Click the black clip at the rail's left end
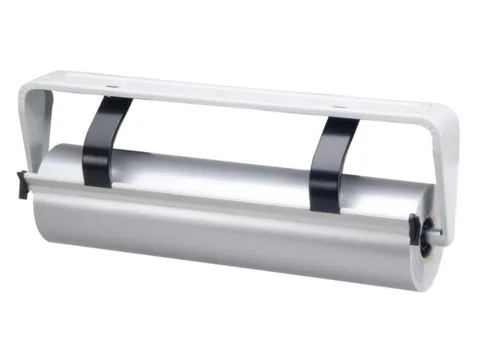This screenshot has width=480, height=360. [22, 183]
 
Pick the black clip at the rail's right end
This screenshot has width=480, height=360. [414, 229]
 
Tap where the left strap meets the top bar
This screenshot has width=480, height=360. [116, 103]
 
